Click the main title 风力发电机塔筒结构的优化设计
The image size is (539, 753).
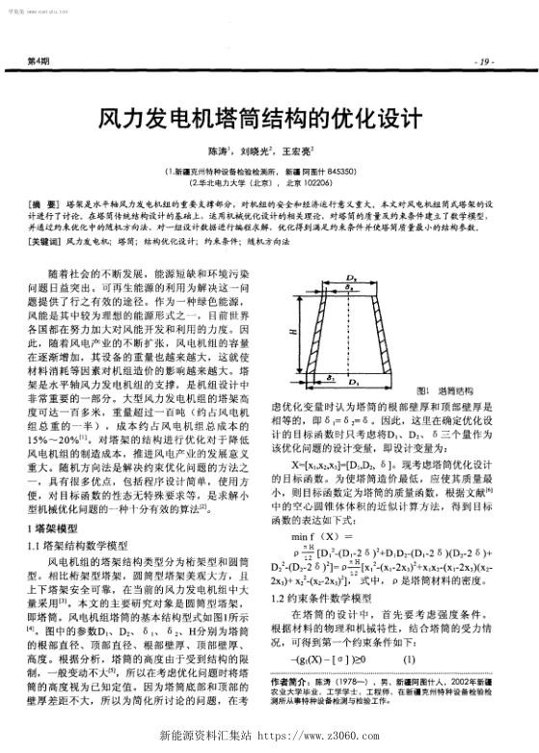click(269, 119)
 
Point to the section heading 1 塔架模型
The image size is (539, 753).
click(54, 529)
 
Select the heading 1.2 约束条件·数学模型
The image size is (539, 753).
click(326, 599)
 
